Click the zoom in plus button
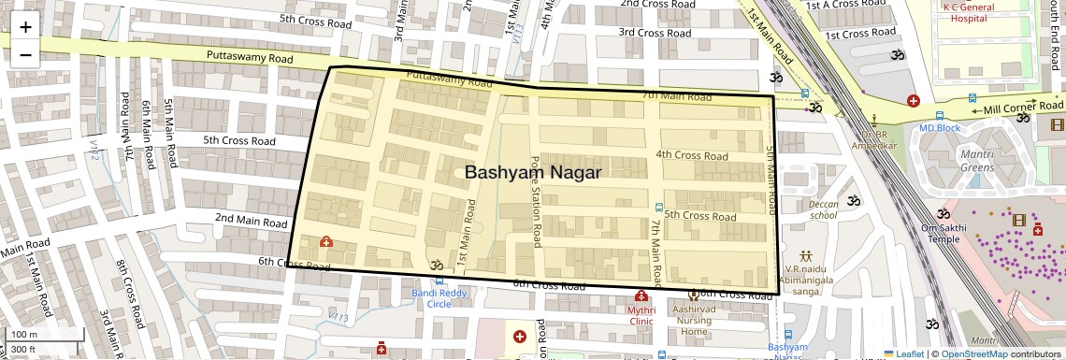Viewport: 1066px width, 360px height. click(25, 27)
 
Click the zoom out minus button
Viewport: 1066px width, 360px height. click(25, 54)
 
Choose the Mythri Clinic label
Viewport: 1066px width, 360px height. click(641, 313)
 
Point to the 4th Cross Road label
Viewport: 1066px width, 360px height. click(691, 155)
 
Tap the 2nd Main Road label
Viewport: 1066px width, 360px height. click(251, 222)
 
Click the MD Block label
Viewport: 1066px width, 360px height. click(939, 128)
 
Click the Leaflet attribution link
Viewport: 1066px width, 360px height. click(903, 353)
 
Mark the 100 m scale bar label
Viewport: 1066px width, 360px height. click(24, 335)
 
